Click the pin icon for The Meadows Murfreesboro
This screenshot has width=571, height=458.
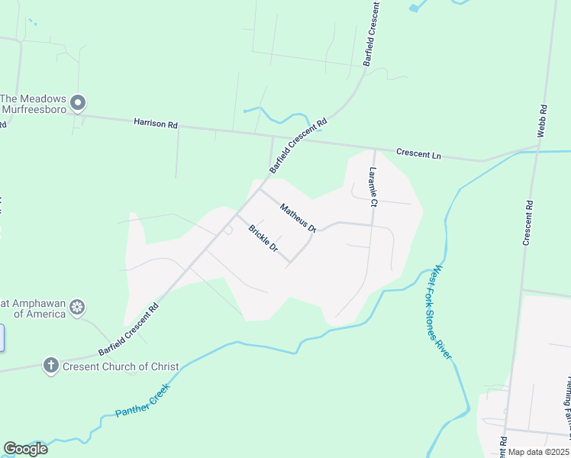[78, 102]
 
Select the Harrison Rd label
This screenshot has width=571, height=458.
[155, 122]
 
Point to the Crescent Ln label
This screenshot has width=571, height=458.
[419, 154]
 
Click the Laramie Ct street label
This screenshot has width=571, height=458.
[373, 187]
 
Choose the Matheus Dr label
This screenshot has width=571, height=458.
[298, 218]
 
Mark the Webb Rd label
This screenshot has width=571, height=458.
[542, 121]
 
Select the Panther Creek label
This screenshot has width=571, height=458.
[143, 401]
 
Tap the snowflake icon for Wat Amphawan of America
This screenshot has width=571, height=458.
[76, 308]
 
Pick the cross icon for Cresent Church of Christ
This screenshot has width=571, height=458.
[51, 366]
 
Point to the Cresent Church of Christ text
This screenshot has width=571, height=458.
[121, 366]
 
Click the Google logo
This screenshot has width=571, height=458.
[25, 449]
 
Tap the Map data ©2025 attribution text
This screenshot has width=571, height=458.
[538, 452]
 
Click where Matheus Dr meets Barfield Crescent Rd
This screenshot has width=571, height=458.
[260, 189]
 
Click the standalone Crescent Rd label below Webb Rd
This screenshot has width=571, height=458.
[527, 223]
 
